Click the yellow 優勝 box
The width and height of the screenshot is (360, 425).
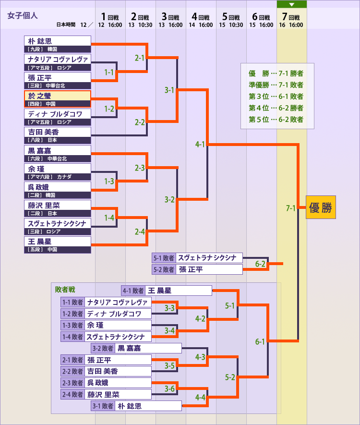(321, 207)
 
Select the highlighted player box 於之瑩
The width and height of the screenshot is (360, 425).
(58, 99)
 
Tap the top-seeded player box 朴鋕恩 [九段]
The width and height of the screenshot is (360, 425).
(58, 44)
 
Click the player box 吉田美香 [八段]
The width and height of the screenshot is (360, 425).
(58, 135)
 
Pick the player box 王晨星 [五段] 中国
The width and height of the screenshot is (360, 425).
(58, 245)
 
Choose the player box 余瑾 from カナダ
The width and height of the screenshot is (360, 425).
(58, 172)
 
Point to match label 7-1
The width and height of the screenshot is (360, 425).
(291, 208)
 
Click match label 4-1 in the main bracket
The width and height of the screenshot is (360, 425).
(200, 144)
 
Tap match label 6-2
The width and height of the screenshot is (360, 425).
(261, 264)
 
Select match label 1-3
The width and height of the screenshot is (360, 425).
(109, 181)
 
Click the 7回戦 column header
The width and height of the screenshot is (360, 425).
(291, 20)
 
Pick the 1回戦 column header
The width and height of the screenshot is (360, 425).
(110, 20)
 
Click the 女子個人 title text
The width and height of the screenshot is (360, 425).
(23, 15)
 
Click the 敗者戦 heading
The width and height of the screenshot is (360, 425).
(65, 290)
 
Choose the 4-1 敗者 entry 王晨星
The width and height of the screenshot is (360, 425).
(166, 291)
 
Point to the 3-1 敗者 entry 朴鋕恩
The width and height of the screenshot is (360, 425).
(136, 406)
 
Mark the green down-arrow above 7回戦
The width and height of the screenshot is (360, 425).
(291, 4)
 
